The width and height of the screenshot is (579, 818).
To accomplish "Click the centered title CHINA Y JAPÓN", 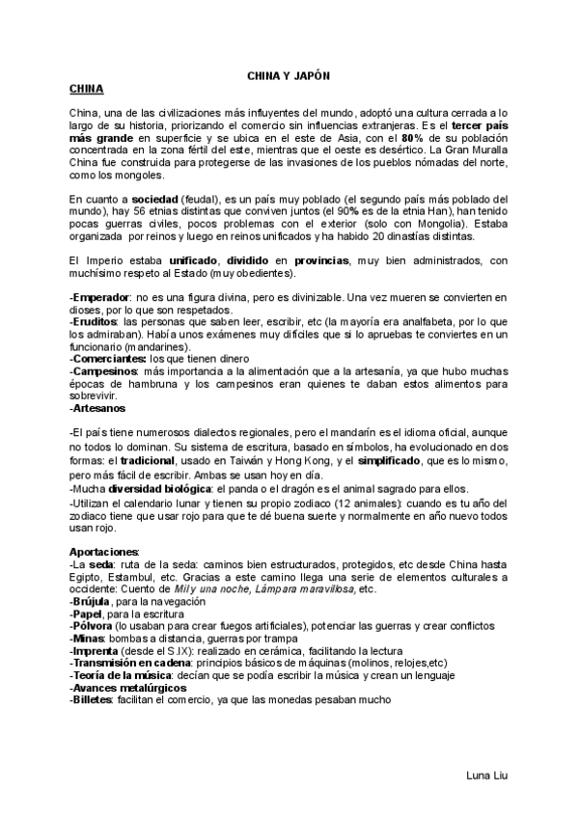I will click(289, 73).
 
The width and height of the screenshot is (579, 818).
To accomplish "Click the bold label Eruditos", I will click(96, 323).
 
